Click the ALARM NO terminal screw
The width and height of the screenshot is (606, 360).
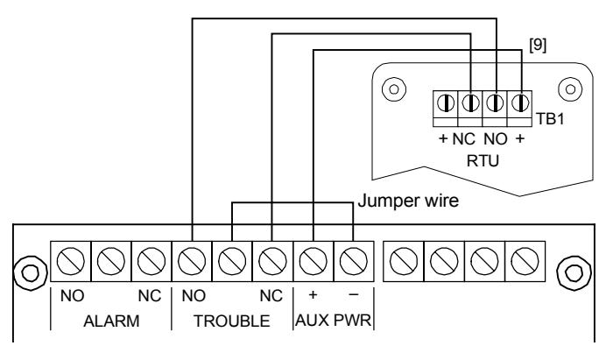point(71,261)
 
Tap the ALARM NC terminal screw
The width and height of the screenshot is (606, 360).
point(151,261)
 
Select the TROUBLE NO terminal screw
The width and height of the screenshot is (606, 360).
point(192,261)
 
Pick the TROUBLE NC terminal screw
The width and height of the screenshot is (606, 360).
point(273,261)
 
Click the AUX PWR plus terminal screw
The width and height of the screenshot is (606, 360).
point(314,261)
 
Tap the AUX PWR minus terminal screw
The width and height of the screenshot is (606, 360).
point(354,261)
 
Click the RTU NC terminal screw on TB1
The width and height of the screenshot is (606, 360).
point(470,103)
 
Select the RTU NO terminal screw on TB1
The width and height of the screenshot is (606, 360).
point(495,103)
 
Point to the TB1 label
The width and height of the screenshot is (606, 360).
point(550,119)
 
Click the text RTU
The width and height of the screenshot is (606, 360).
point(483,160)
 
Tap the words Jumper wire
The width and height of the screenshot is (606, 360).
point(408,201)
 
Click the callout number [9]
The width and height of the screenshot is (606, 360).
point(538,46)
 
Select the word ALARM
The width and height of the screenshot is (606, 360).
point(111,321)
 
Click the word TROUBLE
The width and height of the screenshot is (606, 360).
point(232,321)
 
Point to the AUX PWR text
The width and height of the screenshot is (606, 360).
point(333,321)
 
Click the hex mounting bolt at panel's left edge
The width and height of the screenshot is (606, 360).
point(30,273)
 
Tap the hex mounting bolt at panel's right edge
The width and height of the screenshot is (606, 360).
point(574,273)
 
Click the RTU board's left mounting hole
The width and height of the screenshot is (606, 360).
point(394,89)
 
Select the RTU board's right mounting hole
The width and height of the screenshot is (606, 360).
point(570,89)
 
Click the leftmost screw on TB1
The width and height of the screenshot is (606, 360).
point(446,103)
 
